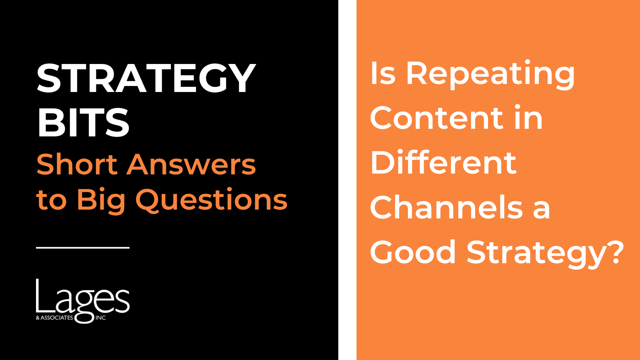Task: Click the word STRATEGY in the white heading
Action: tap(146, 78)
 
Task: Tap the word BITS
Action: tap(83, 122)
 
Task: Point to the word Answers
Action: tap(191, 164)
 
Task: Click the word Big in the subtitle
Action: tap(101, 200)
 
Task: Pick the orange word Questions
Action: tap(211, 200)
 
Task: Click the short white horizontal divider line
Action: tap(83, 248)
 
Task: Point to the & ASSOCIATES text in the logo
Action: tap(54, 318)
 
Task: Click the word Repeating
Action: tap(490, 75)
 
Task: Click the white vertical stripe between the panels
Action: tap(348, 180)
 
